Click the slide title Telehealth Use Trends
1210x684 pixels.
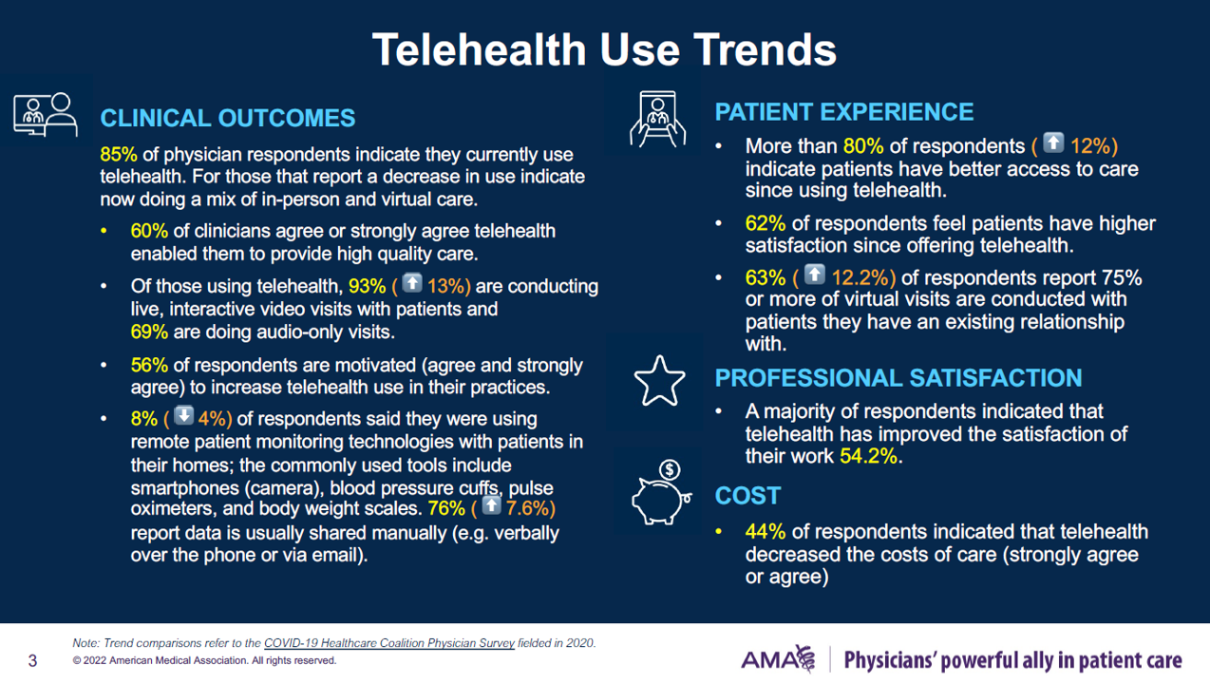pyautogui.click(x=604, y=49)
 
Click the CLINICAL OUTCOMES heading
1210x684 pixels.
pyautogui.click(x=228, y=118)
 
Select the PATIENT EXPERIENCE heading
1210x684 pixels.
pyautogui.click(x=843, y=112)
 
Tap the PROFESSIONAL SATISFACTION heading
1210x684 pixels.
pyautogui.click(x=898, y=377)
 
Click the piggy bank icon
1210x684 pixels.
pyautogui.click(x=661, y=494)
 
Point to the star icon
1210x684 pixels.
pyautogui.click(x=659, y=380)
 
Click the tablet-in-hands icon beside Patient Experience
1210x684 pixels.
pyautogui.click(x=657, y=120)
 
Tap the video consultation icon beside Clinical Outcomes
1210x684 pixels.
pyautogui.click(x=45, y=114)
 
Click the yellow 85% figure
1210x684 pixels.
pyautogui.click(x=119, y=154)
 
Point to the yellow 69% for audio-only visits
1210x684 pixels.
pyautogui.click(x=149, y=332)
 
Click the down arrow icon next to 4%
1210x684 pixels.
pyautogui.click(x=183, y=417)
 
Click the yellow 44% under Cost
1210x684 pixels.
pyautogui.click(x=766, y=532)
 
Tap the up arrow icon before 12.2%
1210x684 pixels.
pyautogui.click(x=814, y=275)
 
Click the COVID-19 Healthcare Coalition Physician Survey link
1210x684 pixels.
pyautogui.click(x=389, y=643)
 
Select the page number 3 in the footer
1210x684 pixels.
pyautogui.click(x=32, y=660)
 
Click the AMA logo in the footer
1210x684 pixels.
pyautogui.click(x=778, y=659)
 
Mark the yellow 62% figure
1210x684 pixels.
pyautogui.click(x=766, y=224)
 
